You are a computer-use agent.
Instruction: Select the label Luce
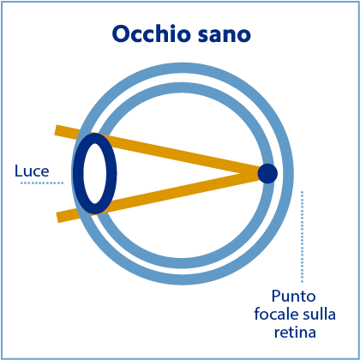pos(32,171)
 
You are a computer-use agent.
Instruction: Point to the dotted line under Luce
pos(42,183)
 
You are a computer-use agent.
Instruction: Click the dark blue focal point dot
pos(267,173)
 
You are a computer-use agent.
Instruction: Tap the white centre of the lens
pos(95,173)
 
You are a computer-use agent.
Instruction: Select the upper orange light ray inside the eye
pos(177,153)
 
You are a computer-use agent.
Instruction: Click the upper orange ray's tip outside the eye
pos(56,130)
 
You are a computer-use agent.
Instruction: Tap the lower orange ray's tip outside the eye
pos(58,218)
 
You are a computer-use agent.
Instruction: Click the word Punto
pos(293,296)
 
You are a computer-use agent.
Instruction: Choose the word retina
pos(295,333)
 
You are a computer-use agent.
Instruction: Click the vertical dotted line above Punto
pos(302,237)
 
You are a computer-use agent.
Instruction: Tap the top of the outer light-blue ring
pos(183,68)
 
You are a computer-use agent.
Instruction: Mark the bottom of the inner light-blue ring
pos(182,264)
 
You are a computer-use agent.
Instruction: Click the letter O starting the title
pos(121,34)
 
